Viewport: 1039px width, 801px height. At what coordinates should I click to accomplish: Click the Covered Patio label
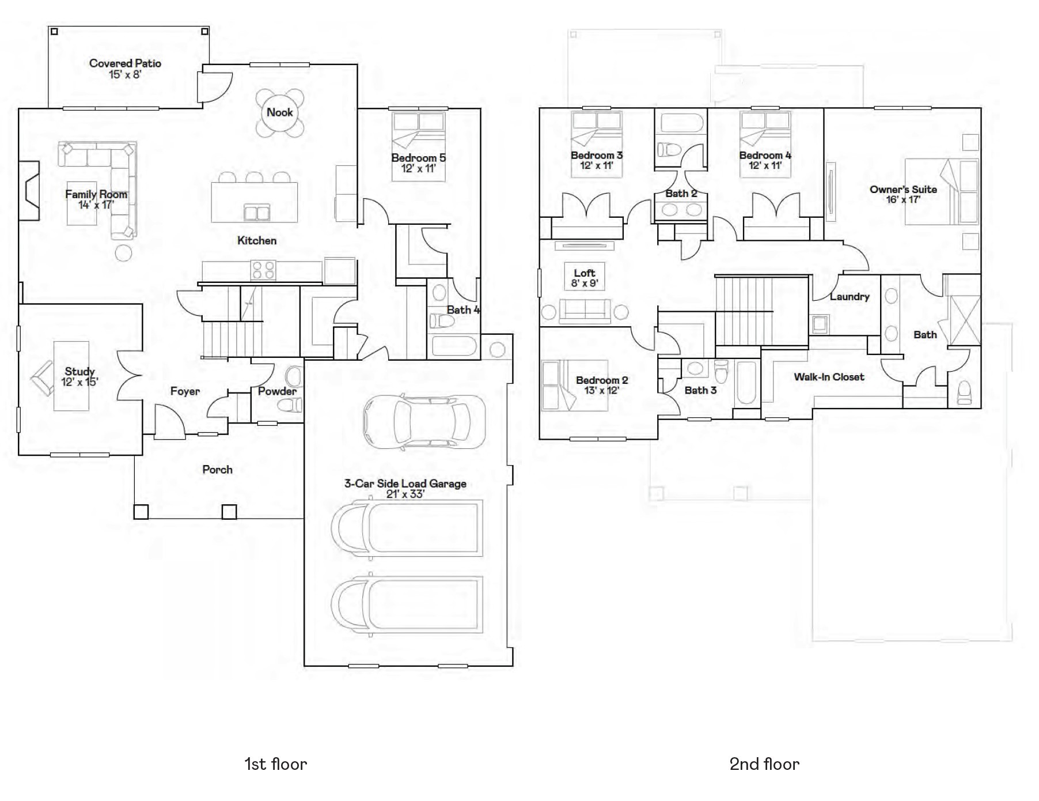(x=125, y=63)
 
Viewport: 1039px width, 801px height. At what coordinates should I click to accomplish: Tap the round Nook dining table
(x=279, y=113)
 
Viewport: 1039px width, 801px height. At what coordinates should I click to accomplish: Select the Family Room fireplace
(x=29, y=191)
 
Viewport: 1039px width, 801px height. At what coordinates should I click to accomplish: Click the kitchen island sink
(x=256, y=212)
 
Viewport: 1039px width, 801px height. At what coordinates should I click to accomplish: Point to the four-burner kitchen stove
(x=263, y=270)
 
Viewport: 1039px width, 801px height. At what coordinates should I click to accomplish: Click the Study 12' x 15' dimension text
(x=79, y=382)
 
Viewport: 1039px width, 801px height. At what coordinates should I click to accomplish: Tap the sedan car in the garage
(x=424, y=422)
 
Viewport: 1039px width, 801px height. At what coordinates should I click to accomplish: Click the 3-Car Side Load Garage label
(x=405, y=483)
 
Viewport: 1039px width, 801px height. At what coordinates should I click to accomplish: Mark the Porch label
(x=217, y=470)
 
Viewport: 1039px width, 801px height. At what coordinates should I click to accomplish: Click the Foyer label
(x=185, y=391)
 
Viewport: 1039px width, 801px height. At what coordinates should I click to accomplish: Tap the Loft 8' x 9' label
(x=584, y=278)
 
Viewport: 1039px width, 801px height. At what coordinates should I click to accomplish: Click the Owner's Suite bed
(x=942, y=192)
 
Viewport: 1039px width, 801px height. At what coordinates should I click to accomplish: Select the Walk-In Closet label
(x=829, y=377)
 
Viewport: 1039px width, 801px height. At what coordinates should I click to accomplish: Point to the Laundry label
(x=849, y=297)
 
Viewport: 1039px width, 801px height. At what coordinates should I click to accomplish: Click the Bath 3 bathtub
(x=746, y=383)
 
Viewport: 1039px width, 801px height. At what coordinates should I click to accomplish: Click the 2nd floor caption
(x=764, y=764)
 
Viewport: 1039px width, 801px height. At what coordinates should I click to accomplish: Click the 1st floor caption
(x=275, y=764)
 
